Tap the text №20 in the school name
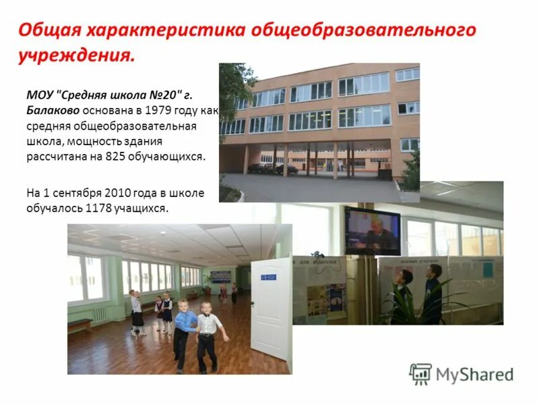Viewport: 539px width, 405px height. [154, 95]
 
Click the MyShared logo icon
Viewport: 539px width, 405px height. [420, 374]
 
